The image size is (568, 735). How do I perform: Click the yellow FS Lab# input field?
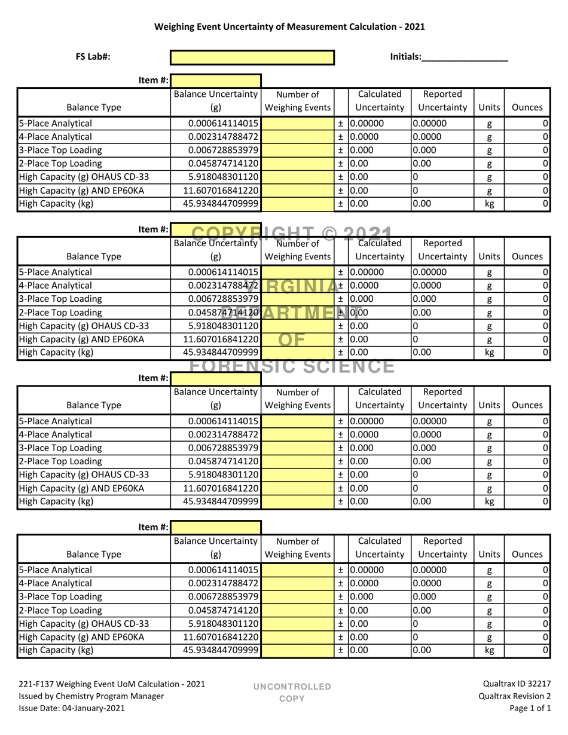click(252, 57)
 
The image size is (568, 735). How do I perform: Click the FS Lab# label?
click(93, 57)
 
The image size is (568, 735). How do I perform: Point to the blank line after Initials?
click(465, 57)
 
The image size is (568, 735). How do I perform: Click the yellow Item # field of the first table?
click(216, 80)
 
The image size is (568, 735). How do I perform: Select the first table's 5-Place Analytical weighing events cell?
click(297, 124)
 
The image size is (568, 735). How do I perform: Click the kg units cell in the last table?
click(489, 650)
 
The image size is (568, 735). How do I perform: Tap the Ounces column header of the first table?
click(527, 108)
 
